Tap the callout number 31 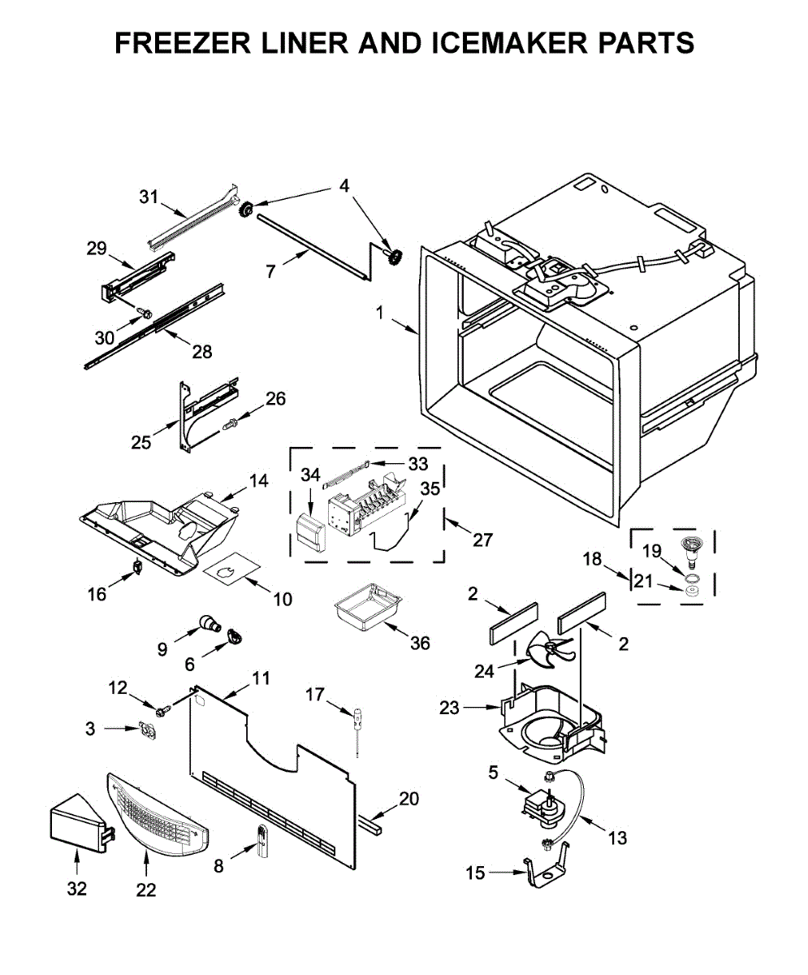click(x=149, y=197)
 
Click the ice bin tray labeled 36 click(x=368, y=606)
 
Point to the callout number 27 click(x=482, y=540)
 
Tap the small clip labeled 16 click(x=137, y=566)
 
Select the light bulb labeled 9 click(x=210, y=623)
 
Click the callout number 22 click(x=146, y=890)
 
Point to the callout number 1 click(x=380, y=312)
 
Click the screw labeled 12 click(x=163, y=711)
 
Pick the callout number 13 click(x=617, y=838)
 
